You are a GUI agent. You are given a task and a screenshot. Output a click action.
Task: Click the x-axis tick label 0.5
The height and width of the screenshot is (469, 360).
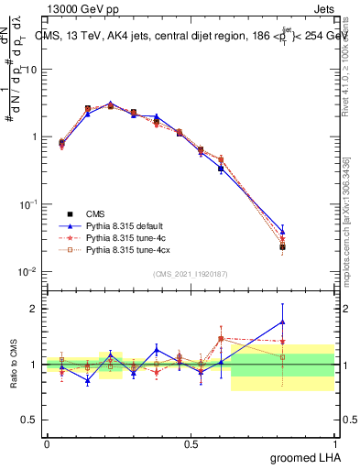191,443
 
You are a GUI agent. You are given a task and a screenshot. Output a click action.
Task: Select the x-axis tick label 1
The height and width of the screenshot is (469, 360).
335,443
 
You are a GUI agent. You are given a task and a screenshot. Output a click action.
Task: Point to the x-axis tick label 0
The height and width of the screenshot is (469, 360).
47,443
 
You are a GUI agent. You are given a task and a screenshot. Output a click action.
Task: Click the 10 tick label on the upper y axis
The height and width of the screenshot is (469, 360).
30,70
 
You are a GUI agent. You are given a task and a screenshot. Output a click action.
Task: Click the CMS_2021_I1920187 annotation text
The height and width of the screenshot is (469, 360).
191,273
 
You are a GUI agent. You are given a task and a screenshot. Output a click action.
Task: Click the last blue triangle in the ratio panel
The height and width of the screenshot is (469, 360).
283,321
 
